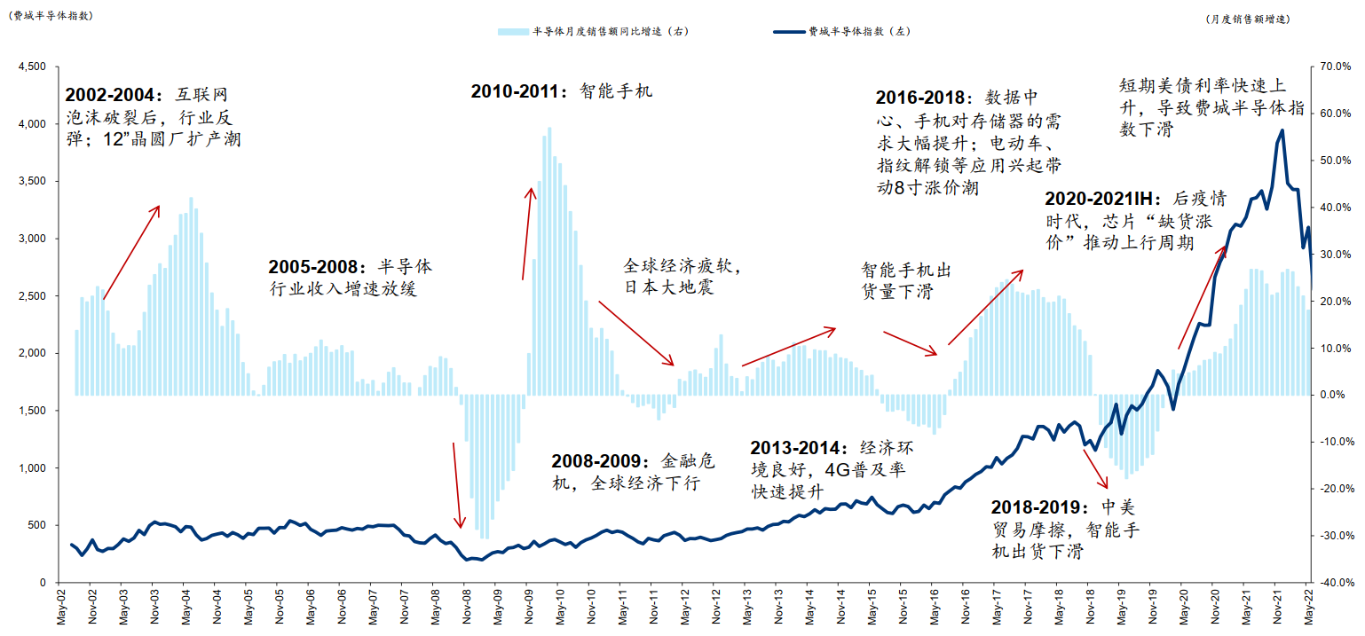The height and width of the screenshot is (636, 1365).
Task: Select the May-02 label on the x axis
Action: (61, 607)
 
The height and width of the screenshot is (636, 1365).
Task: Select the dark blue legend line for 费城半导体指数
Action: (788, 31)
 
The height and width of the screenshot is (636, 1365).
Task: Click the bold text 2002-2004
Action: (111, 94)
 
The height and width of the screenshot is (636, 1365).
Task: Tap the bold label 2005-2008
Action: (314, 267)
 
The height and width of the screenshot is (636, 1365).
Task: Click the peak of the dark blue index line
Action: (1281, 130)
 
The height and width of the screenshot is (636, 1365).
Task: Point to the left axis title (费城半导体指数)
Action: (49, 15)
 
